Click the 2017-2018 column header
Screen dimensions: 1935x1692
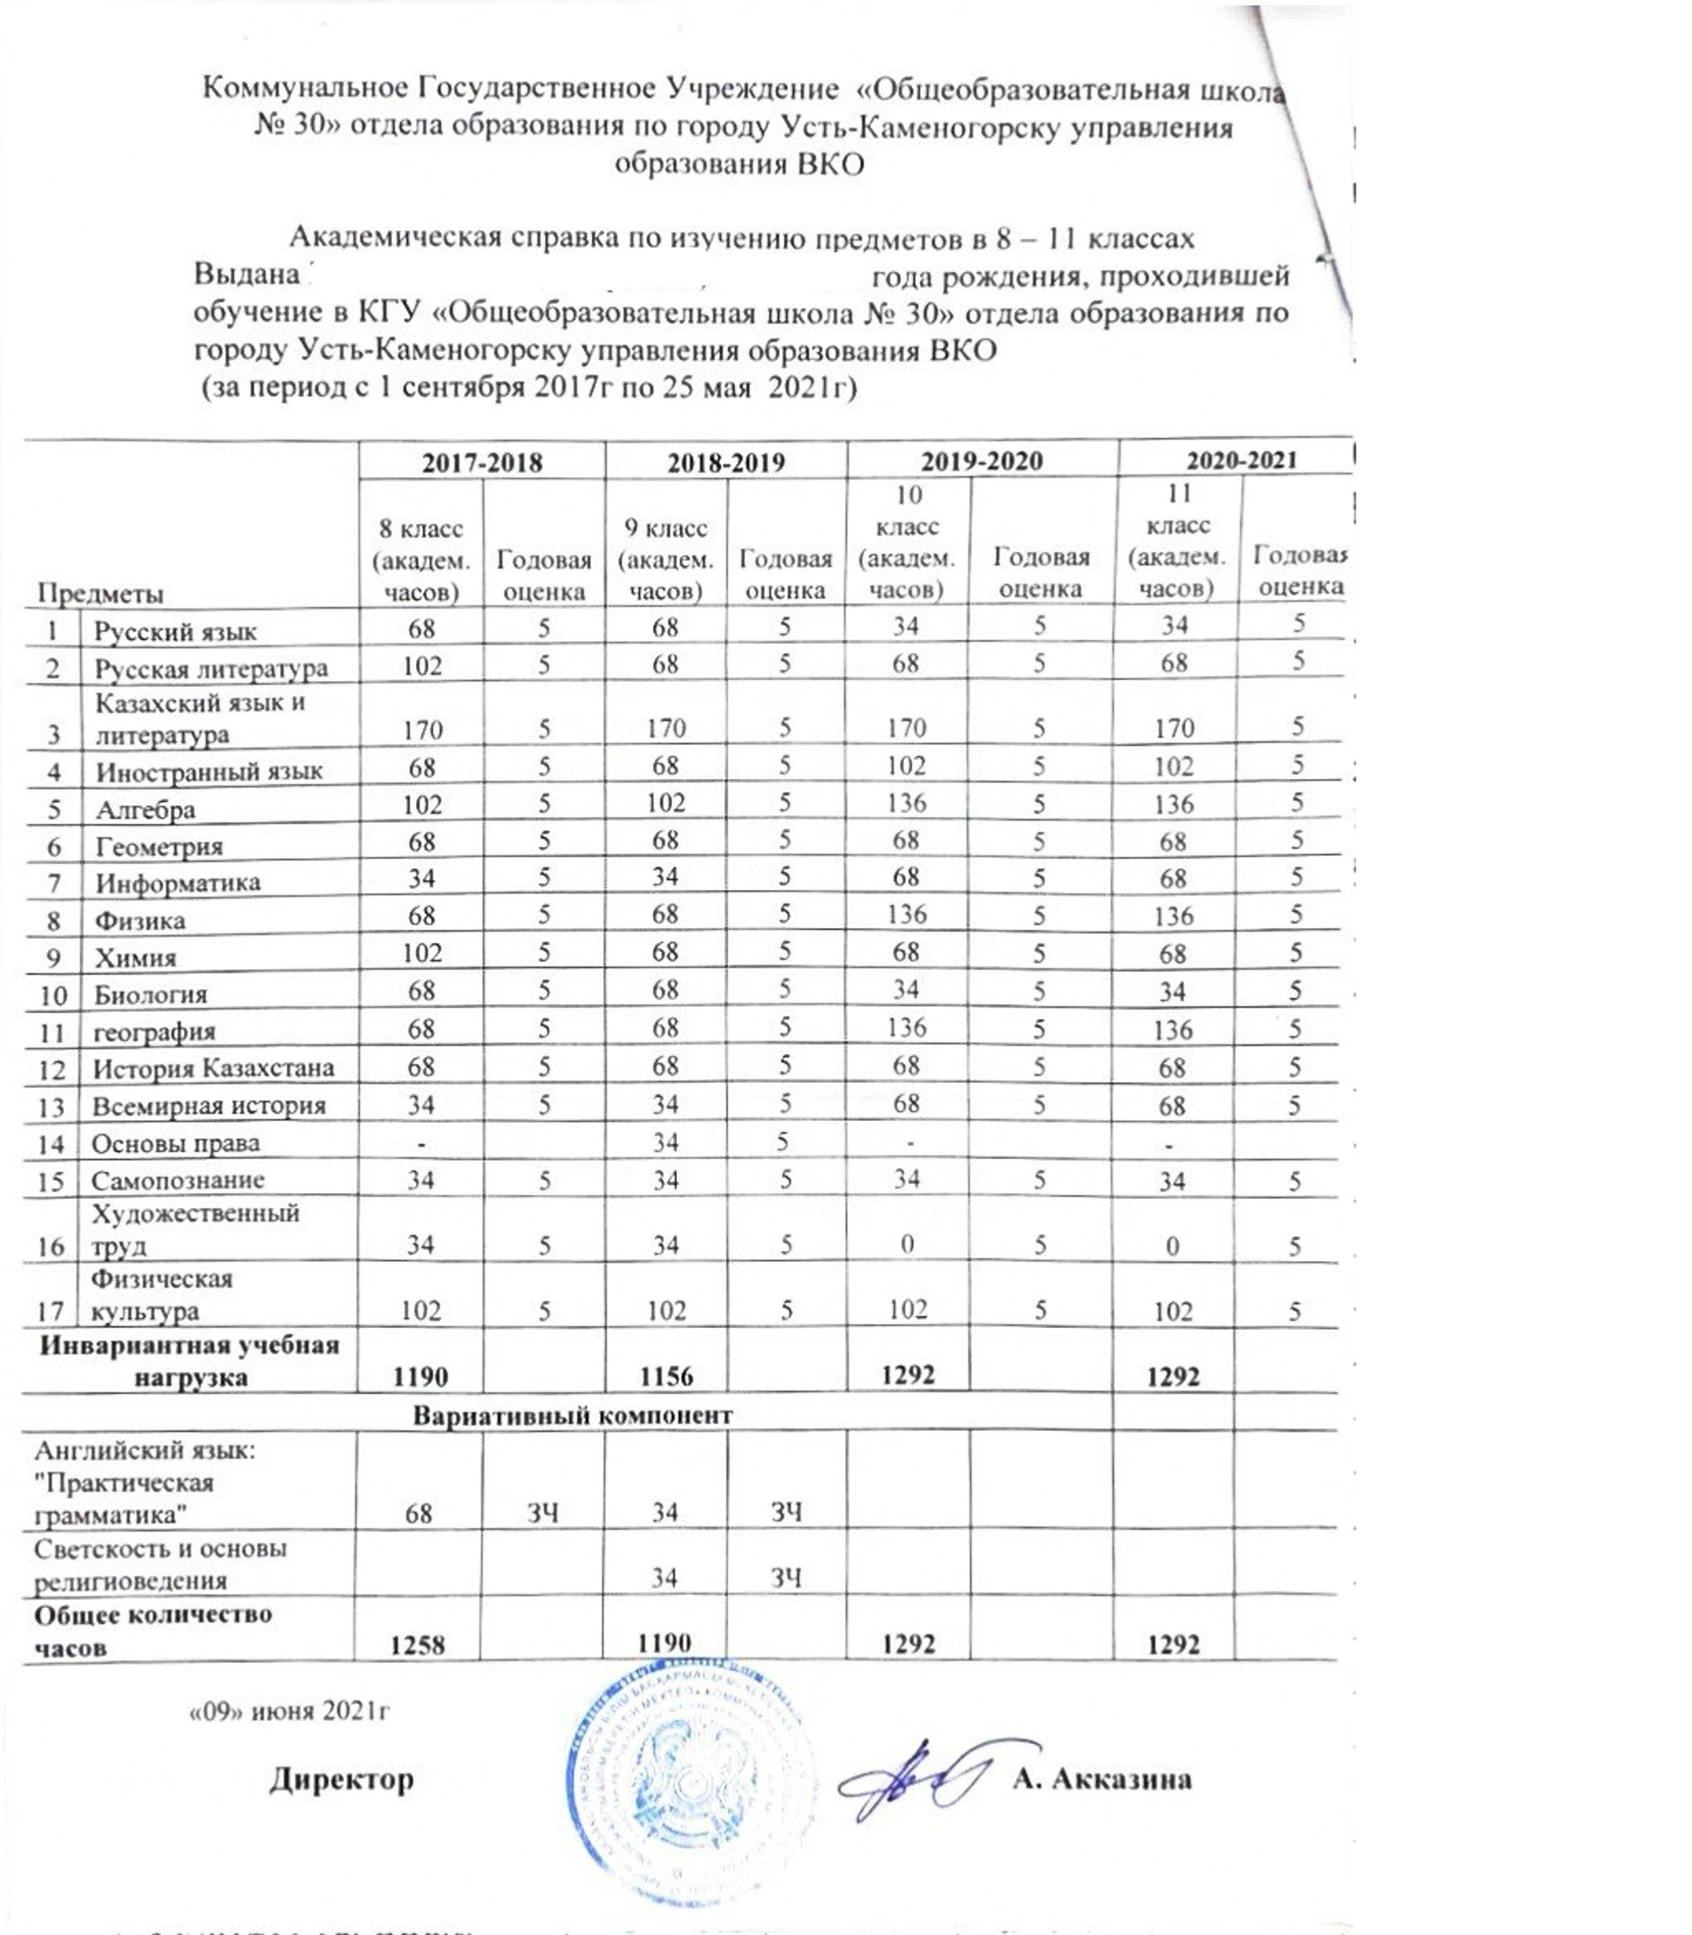click(x=481, y=462)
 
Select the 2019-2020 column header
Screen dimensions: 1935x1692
click(x=981, y=461)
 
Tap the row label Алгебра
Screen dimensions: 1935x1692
click(x=145, y=810)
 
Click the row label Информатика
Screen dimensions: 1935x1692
click(x=177, y=884)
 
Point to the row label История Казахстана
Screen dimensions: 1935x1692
click(x=213, y=1069)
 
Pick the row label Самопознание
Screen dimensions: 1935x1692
click(x=177, y=1181)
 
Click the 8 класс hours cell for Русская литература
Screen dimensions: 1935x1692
click(x=422, y=666)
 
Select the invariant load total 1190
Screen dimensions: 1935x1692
click(x=421, y=1376)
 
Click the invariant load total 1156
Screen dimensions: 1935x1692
click(x=665, y=1376)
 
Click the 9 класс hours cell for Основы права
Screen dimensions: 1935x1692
click(x=665, y=1143)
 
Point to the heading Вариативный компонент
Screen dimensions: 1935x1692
click(x=572, y=1416)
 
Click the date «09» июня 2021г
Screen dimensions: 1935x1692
click(x=290, y=1712)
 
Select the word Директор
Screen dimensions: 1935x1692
click(x=341, y=1779)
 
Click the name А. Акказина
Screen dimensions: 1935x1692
click(x=1101, y=1779)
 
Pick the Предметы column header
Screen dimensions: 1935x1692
click(x=100, y=594)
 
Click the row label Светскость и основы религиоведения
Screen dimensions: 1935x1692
click(x=160, y=1564)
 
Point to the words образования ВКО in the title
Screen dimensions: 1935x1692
click(x=738, y=163)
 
